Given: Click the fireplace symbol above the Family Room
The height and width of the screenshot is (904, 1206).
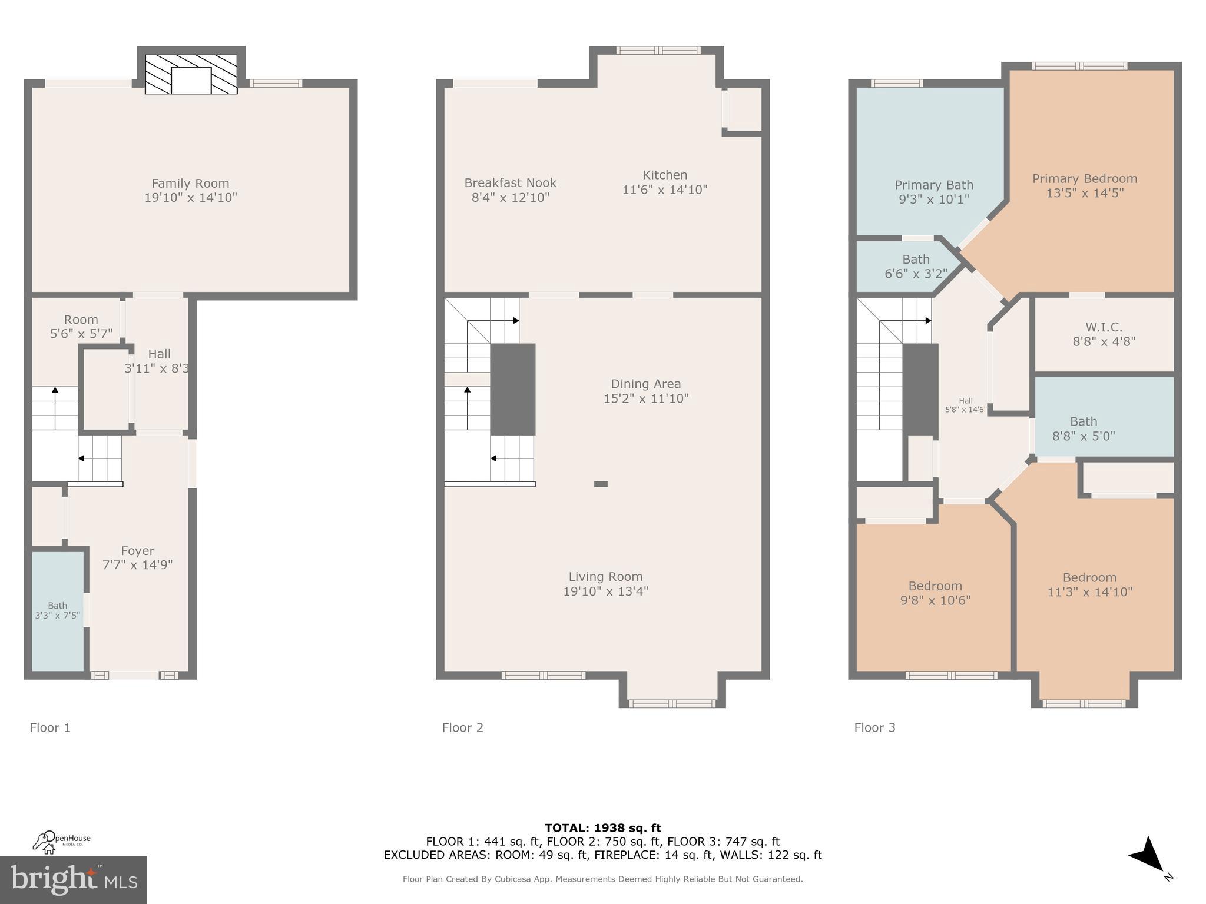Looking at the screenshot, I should (191, 74).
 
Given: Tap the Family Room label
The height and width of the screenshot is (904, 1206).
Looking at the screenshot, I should (190, 184).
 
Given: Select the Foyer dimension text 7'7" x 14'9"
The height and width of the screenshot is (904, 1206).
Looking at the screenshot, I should (138, 565).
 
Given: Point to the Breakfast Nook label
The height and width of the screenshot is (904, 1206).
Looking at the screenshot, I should (510, 183).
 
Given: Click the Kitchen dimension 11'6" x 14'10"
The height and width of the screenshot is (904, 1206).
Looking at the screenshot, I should (665, 190).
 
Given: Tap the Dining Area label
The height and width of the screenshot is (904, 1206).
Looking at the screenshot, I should (645, 384).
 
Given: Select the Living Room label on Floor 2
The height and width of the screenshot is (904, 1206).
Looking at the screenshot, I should (605, 577).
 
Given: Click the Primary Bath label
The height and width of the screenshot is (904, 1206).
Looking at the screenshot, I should (934, 185).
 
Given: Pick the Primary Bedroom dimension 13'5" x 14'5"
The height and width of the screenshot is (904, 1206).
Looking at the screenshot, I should (1085, 193).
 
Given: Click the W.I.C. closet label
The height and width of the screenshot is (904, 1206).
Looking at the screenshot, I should (1104, 327).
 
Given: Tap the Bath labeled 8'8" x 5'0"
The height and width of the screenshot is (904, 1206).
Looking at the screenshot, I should (1084, 428).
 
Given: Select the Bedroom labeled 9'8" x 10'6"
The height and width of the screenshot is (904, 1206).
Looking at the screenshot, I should (935, 593).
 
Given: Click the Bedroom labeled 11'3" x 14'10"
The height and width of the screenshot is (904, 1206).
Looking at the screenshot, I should (1089, 584).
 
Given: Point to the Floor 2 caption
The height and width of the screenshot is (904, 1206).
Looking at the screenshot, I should (462, 727).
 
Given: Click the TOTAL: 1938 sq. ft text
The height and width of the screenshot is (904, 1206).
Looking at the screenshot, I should (602, 828).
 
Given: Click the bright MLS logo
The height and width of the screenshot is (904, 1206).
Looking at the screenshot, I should (74, 879).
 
